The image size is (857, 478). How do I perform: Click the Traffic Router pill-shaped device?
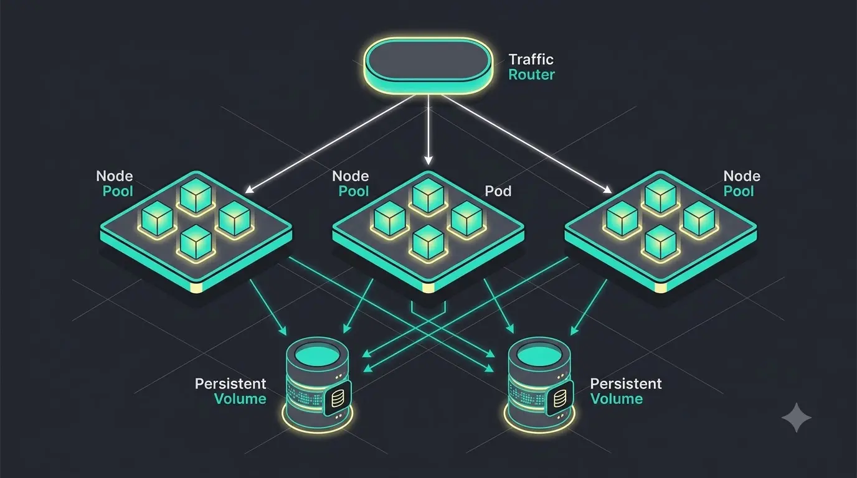pyautogui.click(x=428, y=65)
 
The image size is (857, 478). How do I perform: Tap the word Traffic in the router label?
pyautogui.click(x=531, y=59)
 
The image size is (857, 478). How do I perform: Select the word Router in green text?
pyautogui.click(x=531, y=75)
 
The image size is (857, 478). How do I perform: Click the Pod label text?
pyautogui.click(x=498, y=191)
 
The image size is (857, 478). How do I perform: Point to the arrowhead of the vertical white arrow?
pyautogui.click(x=428, y=160)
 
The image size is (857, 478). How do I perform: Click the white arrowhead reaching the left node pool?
pyautogui.click(x=249, y=189)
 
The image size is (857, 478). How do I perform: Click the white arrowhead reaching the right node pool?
pyautogui.click(x=607, y=189)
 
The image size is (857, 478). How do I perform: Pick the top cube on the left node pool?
pyautogui.click(x=196, y=195)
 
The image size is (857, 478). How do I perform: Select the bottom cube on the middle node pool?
pyautogui.click(x=428, y=242)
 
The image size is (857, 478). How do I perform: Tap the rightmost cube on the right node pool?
pyautogui.click(x=699, y=218)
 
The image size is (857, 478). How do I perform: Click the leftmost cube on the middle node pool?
pyautogui.click(x=389, y=218)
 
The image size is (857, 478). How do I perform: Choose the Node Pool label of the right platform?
pyautogui.click(x=741, y=184)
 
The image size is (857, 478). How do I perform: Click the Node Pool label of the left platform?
pyautogui.click(x=115, y=184)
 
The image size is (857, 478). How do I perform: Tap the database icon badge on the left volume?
pyautogui.click(x=337, y=398)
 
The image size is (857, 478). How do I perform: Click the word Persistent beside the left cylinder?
pyautogui.click(x=230, y=383)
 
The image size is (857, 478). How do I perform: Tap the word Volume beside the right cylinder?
pyautogui.click(x=617, y=399)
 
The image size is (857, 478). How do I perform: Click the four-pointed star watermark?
pyautogui.click(x=796, y=418)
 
